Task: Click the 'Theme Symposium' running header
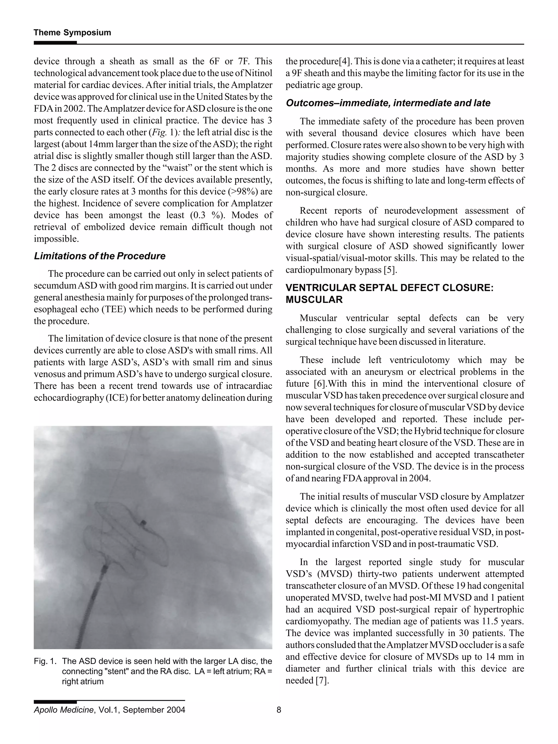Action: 72,33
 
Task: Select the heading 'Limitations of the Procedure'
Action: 99,256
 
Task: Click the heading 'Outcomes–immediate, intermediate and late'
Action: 388,103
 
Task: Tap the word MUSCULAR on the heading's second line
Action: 314,300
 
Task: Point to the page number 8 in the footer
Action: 278,710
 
